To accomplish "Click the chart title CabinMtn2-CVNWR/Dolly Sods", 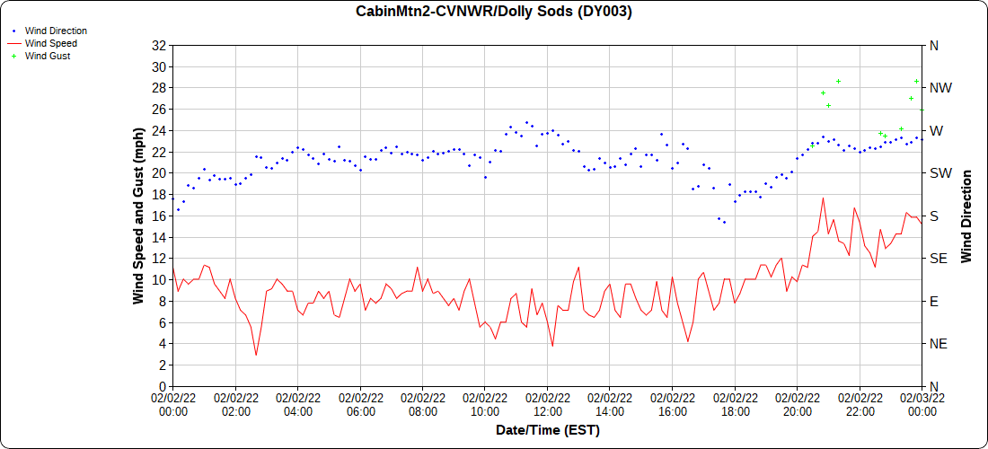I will [494, 12].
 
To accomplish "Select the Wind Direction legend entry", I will [56, 31].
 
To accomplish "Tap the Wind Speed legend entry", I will [50, 43].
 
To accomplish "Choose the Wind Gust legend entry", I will [48, 56].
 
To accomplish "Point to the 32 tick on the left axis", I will [160, 45].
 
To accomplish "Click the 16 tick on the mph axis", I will [160, 216].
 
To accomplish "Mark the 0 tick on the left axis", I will [163, 386].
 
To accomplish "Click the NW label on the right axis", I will [941, 88].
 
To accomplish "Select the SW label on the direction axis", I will [940, 173].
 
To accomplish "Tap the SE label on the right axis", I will [939, 259].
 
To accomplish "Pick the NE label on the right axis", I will [939, 344].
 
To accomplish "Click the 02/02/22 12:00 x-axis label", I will [548, 404].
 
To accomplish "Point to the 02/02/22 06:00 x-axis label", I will [360, 404].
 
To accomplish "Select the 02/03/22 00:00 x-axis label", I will [922, 404].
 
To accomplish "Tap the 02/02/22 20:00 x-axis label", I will [798, 404].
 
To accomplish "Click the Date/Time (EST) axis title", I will [548, 430].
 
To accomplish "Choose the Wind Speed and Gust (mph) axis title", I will [139, 216].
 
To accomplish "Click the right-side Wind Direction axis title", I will [966, 216].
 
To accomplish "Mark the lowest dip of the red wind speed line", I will [256, 355].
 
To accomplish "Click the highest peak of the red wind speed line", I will [822, 198].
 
